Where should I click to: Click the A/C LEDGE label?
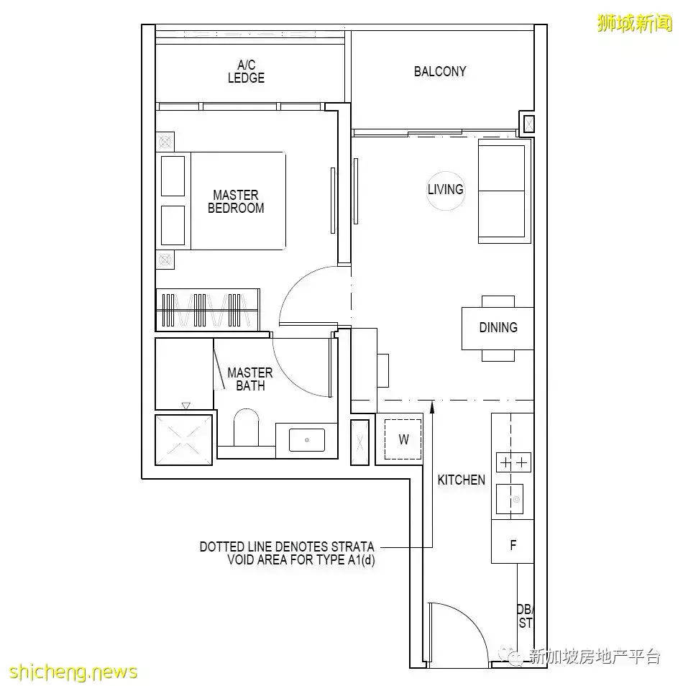coord(246,71)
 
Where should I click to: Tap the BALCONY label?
coord(440,71)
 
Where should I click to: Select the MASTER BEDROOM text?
coord(236,201)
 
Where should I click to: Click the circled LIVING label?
coord(445,190)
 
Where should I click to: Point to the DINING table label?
coord(498,327)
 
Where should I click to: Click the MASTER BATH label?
coord(249,379)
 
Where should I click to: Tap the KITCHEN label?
coord(462,480)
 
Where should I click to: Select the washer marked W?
coord(403,439)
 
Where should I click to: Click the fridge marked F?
coord(513,545)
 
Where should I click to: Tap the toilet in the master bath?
coord(246,429)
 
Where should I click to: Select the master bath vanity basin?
coord(307,439)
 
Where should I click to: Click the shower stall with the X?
coord(184,439)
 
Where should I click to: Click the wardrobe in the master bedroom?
coord(207,309)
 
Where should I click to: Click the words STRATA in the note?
coord(352,547)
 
